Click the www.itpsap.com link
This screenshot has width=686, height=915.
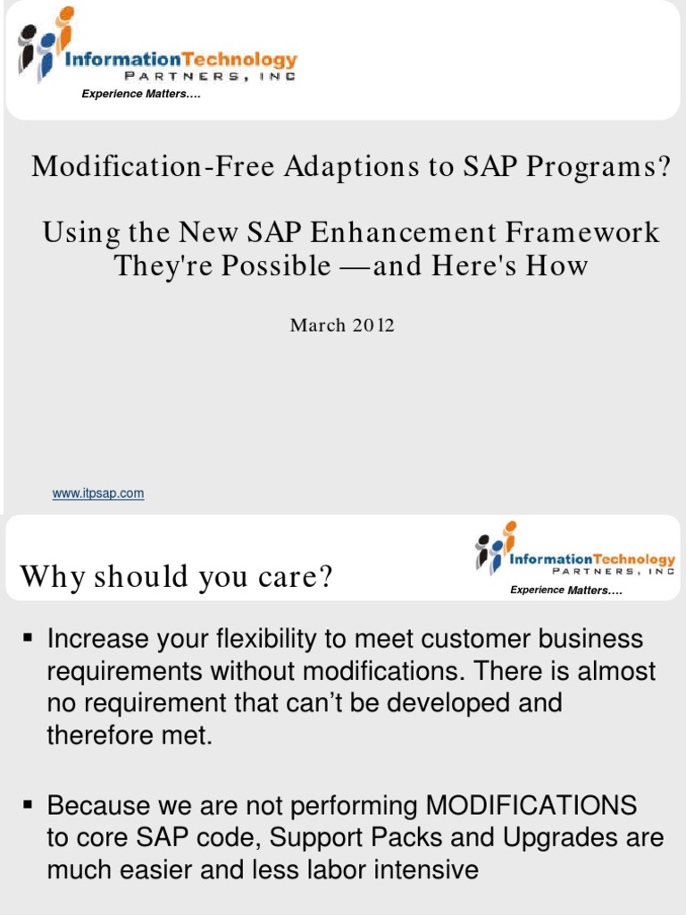pyautogui.click(x=98, y=493)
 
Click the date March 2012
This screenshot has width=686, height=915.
pyautogui.click(x=342, y=325)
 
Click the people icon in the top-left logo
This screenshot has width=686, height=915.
pyautogui.click(x=44, y=45)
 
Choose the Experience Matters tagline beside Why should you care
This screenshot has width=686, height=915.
pyautogui.click(x=565, y=590)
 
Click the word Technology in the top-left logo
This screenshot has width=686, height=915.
pyautogui.click(x=244, y=60)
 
